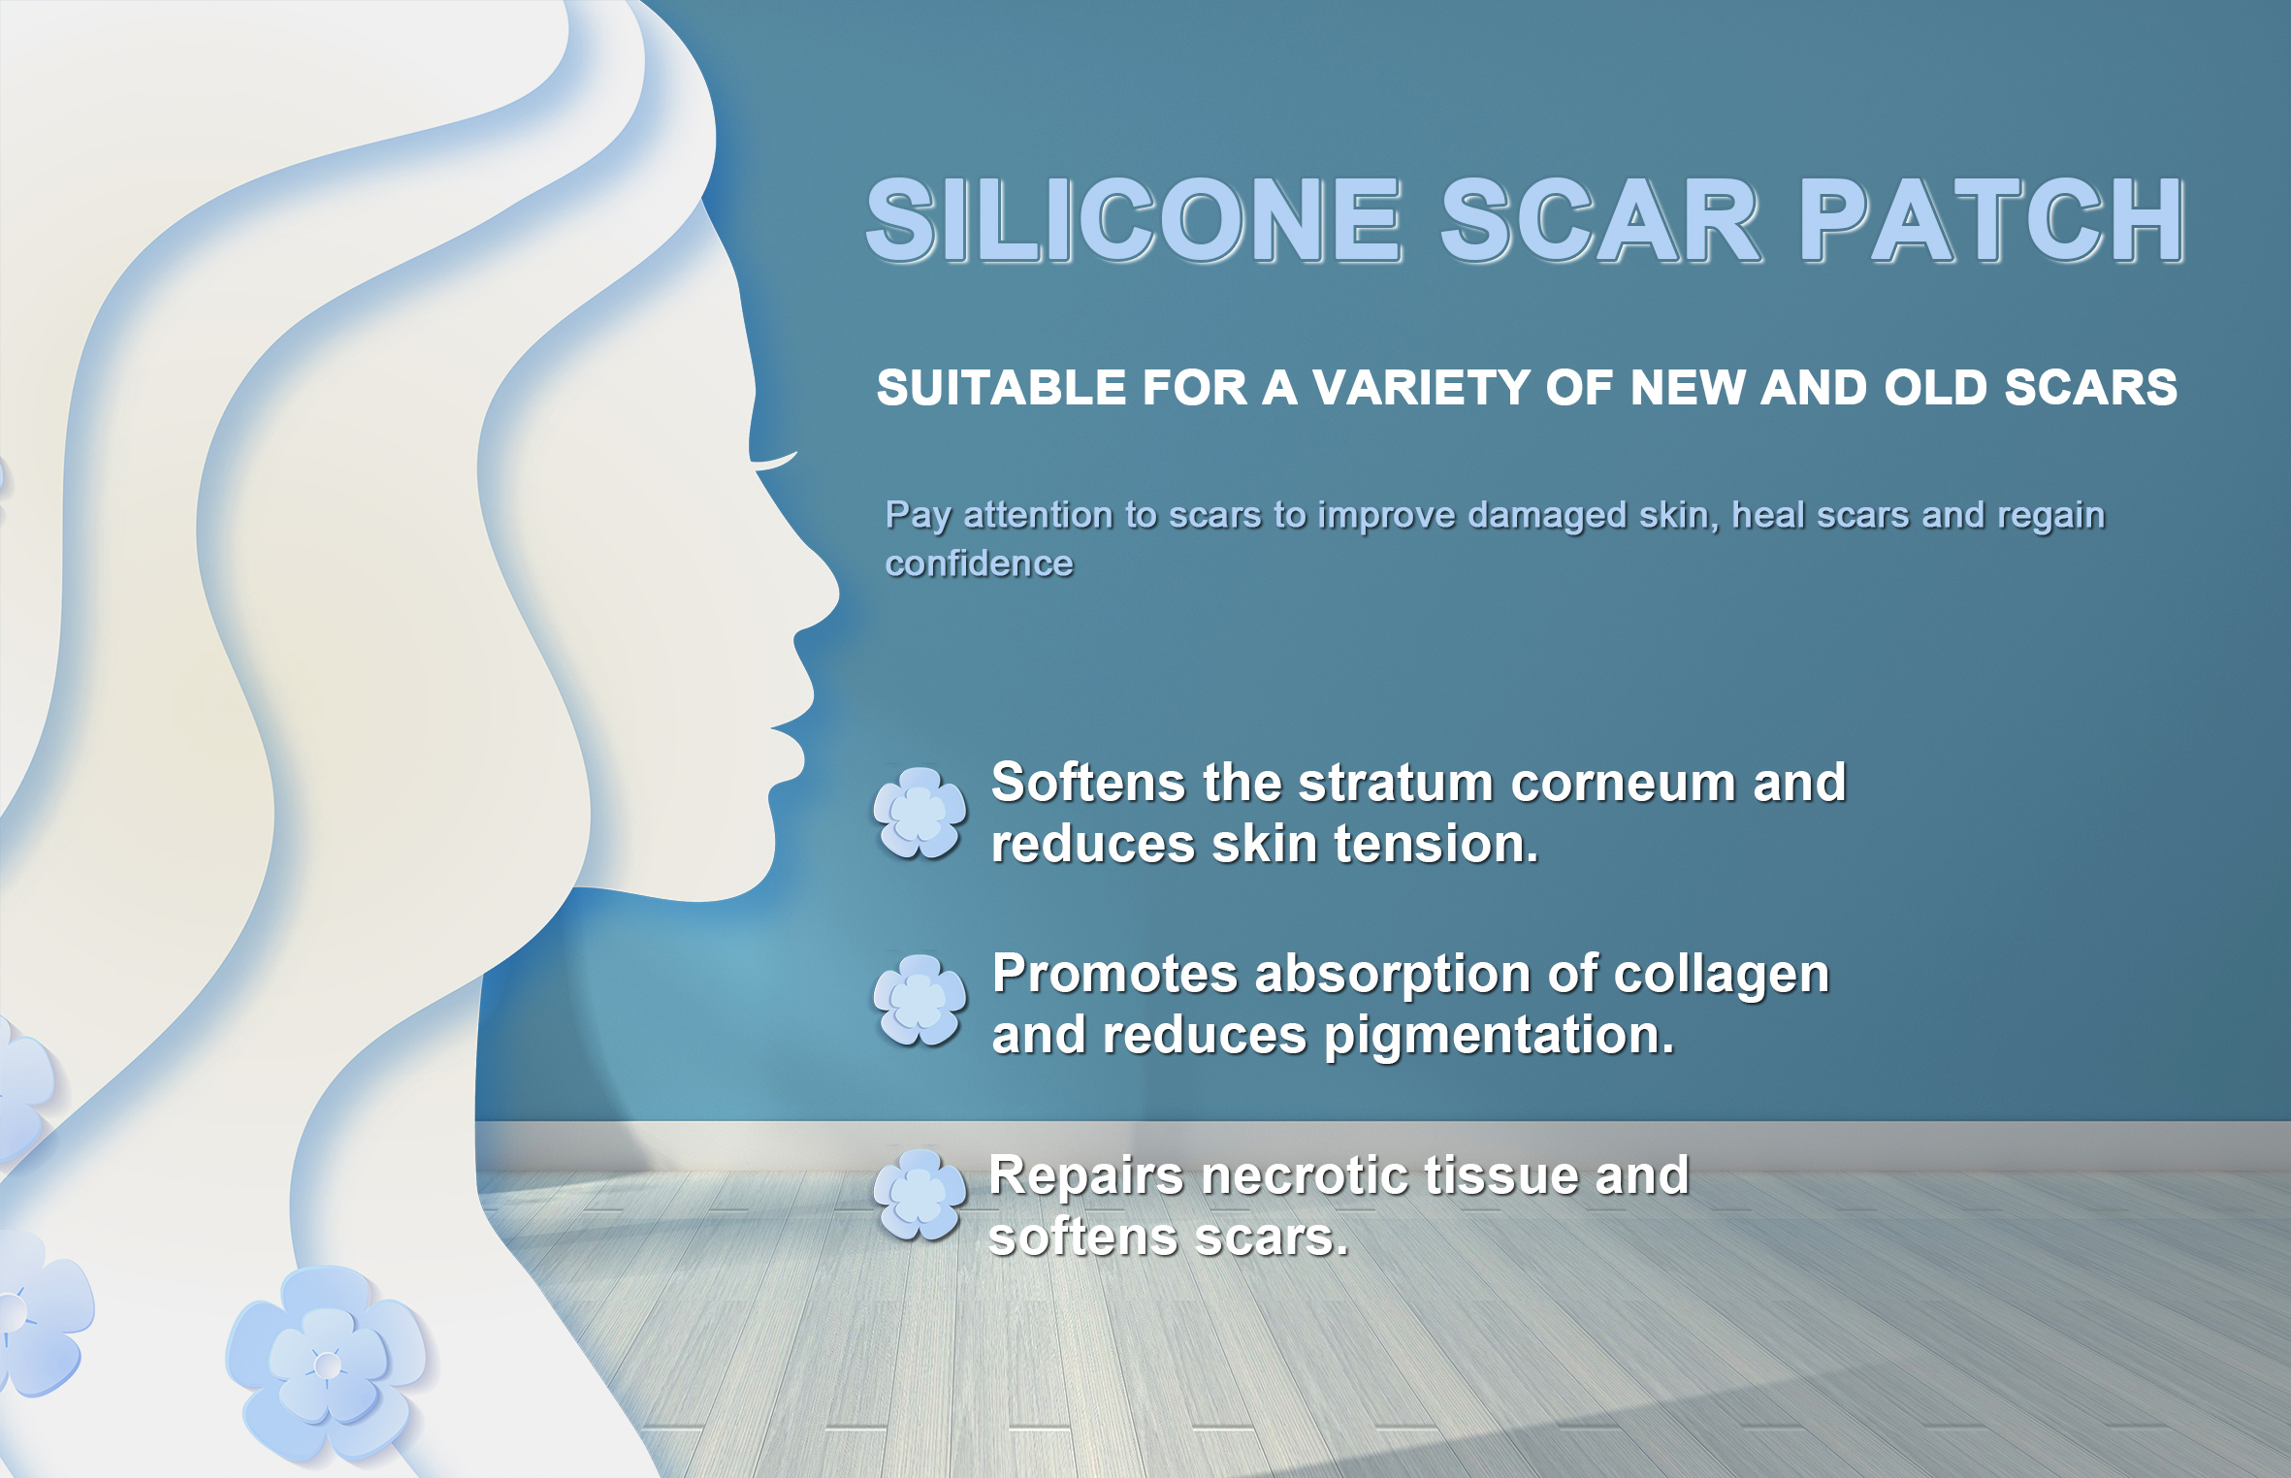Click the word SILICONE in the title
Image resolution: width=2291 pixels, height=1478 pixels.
click(x=1133, y=220)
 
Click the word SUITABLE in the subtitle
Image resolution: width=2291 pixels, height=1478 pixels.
click(x=1001, y=388)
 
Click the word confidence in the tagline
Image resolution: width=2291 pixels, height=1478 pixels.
click(x=979, y=563)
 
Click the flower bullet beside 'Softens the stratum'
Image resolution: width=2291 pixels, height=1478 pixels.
click(x=920, y=813)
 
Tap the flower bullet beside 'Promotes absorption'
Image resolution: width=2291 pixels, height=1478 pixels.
click(x=920, y=1000)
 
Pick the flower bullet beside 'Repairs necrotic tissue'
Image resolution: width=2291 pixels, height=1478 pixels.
click(x=920, y=1195)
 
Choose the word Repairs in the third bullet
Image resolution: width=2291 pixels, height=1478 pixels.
click(x=1086, y=1177)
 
